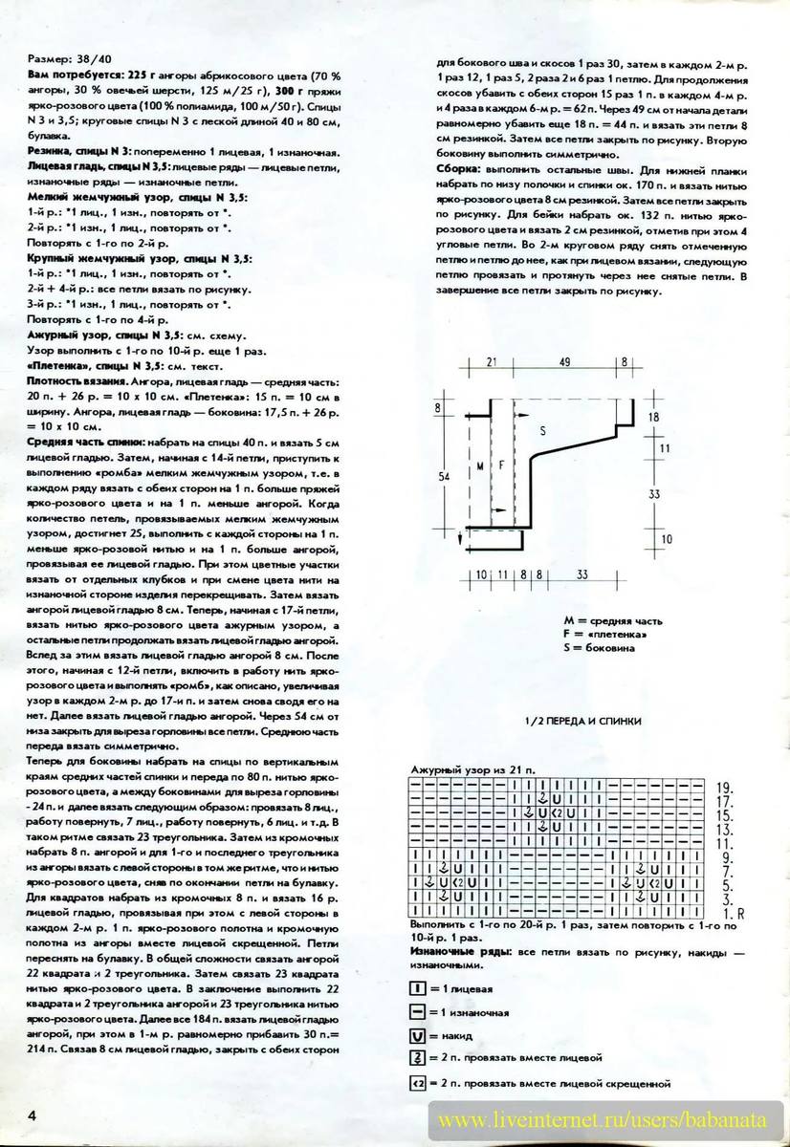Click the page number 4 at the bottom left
[x=33, y=1115]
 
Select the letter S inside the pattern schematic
[x=542, y=432]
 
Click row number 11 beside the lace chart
[x=724, y=844]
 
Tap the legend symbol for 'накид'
[x=416, y=1035]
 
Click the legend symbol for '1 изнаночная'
[x=416, y=1011]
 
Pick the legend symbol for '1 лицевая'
[x=416, y=987]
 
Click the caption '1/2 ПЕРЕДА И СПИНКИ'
[x=583, y=721]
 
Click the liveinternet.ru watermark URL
[x=608, y=1118]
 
